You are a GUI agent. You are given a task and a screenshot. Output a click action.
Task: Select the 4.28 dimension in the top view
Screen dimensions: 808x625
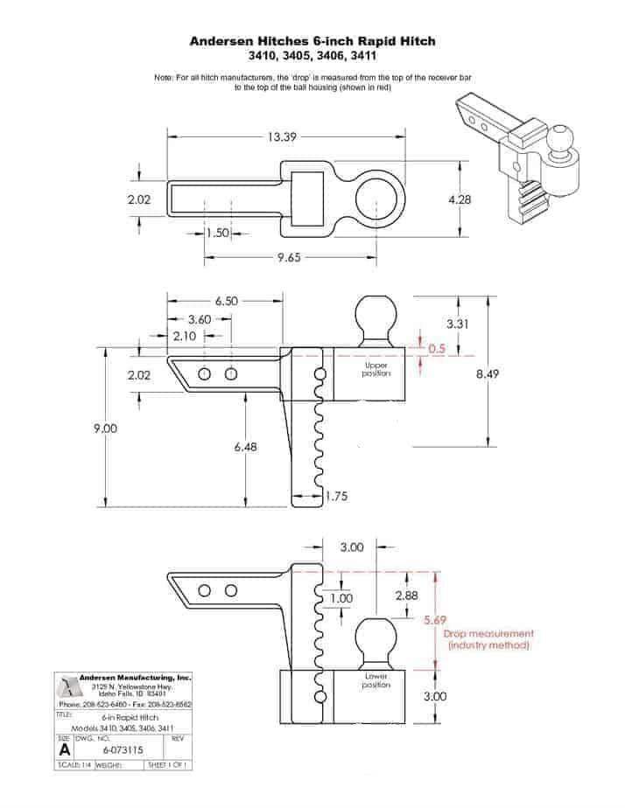pyautogui.click(x=460, y=199)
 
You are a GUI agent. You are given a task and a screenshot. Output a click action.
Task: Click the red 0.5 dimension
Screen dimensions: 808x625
pyautogui.click(x=438, y=348)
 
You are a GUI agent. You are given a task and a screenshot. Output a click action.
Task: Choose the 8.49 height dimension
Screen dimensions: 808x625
pyautogui.click(x=488, y=373)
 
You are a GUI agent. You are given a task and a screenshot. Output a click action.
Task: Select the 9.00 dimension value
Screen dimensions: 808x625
pyautogui.click(x=106, y=428)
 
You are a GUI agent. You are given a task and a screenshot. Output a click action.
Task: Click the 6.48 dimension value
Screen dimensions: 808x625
pyautogui.click(x=246, y=447)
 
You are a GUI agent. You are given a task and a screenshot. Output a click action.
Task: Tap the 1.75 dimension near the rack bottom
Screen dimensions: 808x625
pyautogui.click(x=338, y=497)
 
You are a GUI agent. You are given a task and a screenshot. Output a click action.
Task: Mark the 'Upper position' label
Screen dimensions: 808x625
pyautogui.click(x=376, y=370)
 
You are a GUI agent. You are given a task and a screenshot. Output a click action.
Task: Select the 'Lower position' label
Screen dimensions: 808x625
pyautogui.click(x=376, y=680)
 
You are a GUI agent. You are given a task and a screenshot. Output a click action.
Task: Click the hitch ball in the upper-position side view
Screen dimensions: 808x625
pyautogui.click(x=375, y=317)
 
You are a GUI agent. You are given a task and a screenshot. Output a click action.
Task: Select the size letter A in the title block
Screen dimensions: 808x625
pyautogui.click(x=65, y=749)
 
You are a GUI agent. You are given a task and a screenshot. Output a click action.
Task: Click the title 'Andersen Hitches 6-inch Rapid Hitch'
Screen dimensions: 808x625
pyautogui.click(x=312, y=40)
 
